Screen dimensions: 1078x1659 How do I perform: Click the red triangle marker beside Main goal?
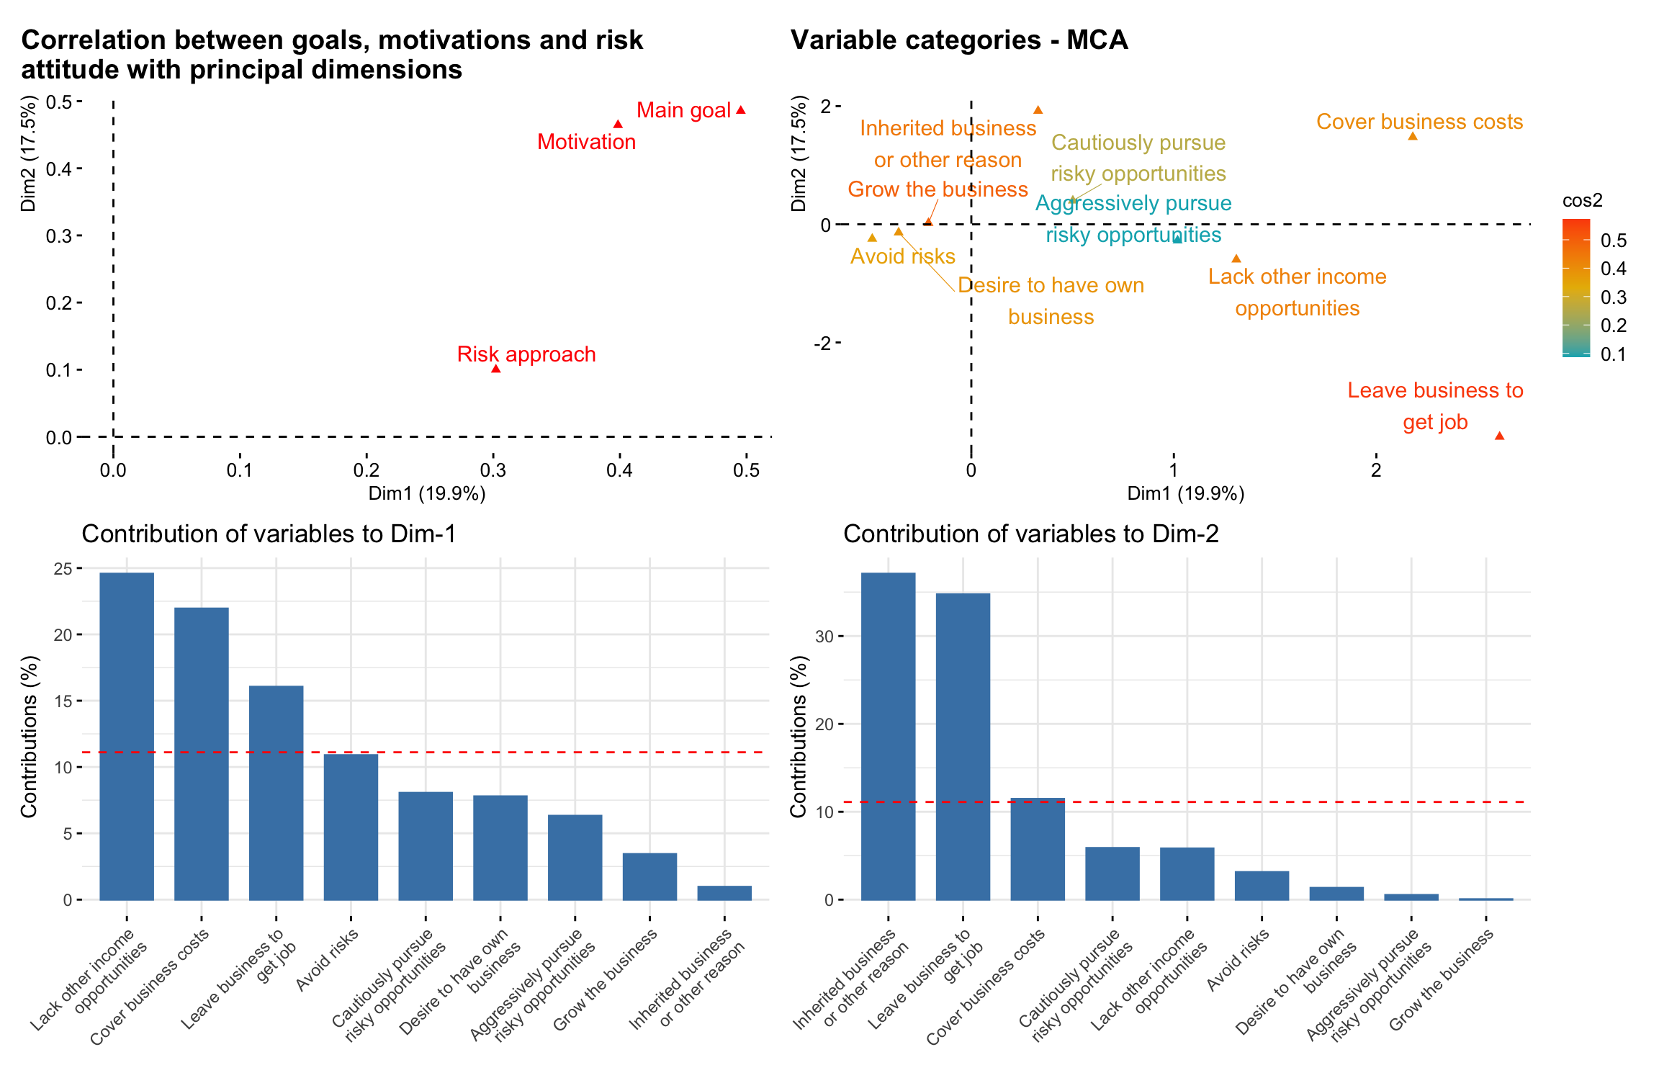click(741, 110)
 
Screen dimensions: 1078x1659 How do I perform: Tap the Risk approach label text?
click(526, 354)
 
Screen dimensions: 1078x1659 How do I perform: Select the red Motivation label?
click(586, 142)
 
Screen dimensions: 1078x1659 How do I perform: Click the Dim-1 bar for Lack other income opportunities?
click(127, 736)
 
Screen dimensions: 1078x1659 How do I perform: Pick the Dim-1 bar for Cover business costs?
click(202, 753)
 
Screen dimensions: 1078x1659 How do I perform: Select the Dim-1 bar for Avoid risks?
click(351, 827)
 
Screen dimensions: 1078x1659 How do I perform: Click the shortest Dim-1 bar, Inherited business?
click(724, 893)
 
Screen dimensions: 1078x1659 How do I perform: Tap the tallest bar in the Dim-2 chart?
click(888, 736)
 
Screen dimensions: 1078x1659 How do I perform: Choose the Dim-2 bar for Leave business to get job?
click(963, 746)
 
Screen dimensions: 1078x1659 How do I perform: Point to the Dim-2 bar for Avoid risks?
click(1262, 886)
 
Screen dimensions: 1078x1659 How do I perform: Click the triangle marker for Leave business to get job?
click(1499, 436)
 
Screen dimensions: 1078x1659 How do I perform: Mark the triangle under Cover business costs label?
click(1413, 136)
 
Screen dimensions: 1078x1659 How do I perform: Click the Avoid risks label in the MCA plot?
click(902, 256)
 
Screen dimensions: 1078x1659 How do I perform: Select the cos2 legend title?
click(1582, 201)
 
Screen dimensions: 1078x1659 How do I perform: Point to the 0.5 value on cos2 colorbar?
click(1613, 241)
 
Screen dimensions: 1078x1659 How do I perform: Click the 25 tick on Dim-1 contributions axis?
click(63, 569)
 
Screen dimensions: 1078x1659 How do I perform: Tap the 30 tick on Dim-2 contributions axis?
click(824, 637)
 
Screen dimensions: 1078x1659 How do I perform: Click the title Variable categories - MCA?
click(958, 40)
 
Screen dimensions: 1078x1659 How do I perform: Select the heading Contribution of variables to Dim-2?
click(1030, 534)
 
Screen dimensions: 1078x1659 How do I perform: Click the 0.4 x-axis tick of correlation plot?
click(619, 470)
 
